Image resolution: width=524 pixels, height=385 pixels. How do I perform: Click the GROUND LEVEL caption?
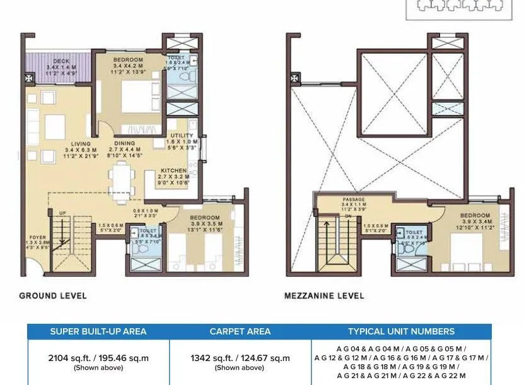(x=52, y=295)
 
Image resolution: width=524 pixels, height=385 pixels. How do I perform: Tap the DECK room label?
(x=61, y=61)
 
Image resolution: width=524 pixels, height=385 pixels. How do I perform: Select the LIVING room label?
(x=81, y=143)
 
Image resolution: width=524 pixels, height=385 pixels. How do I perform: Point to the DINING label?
(x=124, y=143)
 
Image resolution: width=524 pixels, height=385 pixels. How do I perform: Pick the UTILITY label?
(x=182, y=135)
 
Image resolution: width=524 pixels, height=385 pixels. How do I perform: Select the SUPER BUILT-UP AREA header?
(x=98, y=331)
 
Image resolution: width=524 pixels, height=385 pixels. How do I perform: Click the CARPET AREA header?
(x=240, y=331)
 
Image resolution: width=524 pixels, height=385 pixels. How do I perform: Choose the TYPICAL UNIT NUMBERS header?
(x=401, y=331)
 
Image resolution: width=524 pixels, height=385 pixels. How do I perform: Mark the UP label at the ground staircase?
(x=62, y=213)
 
